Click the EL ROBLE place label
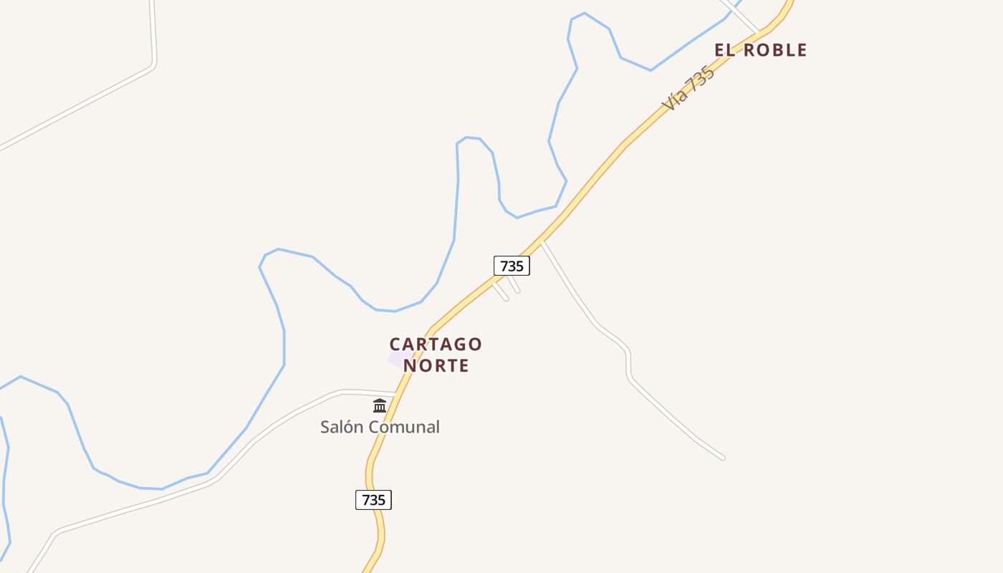760,50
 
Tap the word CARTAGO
436,345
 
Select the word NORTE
436,365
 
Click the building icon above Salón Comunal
380,406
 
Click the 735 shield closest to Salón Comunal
373,500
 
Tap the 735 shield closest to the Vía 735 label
512,266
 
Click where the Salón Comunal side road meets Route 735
396,393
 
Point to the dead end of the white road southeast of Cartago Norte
723,458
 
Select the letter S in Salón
325,427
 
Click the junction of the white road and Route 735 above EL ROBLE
759,32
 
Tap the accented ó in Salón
351,427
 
